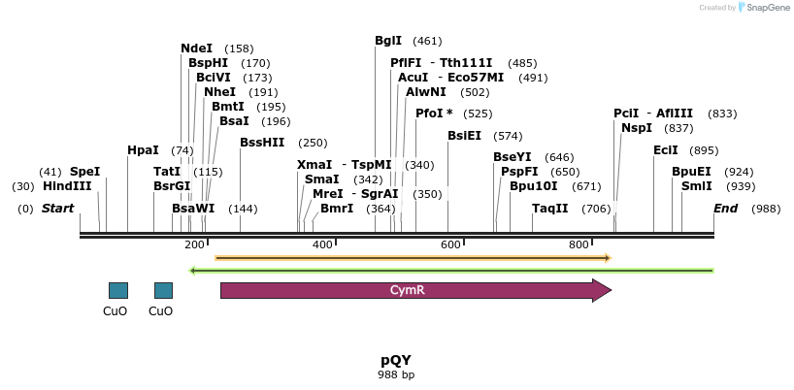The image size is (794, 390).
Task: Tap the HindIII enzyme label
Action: (67, 186)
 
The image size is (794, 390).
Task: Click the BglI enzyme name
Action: (388, 41)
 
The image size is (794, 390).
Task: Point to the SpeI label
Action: (84, 172)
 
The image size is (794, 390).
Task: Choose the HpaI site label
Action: (143, 150)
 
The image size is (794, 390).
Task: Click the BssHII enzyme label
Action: (262, 143)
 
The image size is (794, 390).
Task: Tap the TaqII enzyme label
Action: (550, 209)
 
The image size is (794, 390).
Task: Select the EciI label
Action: (666, 150)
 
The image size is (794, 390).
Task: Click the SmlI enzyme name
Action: (696, 186)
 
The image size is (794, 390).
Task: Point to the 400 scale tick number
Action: (322, 244)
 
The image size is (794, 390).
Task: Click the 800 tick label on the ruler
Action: (579, 244)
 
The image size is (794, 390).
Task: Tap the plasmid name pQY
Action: (396, 359)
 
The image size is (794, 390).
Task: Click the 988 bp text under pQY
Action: (396, 374)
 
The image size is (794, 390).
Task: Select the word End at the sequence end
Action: (726, 209)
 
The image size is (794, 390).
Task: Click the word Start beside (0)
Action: (57, 209)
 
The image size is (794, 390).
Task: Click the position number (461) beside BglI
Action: (427, 41)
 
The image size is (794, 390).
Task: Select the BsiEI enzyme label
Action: (464, 136)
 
